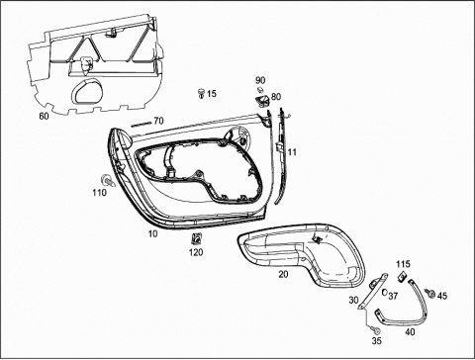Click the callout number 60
tap(44, 116)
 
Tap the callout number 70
tap(158, 121)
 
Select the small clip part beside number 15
tap(201, 93)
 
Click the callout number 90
tap(260, 80)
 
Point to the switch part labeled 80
tap(262, 101)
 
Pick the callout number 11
tap(292, 152)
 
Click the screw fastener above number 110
tap(108, 181)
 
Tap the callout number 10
tap(152, 234)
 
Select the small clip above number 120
tap(197, 239)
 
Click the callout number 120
tap(196, 252)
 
